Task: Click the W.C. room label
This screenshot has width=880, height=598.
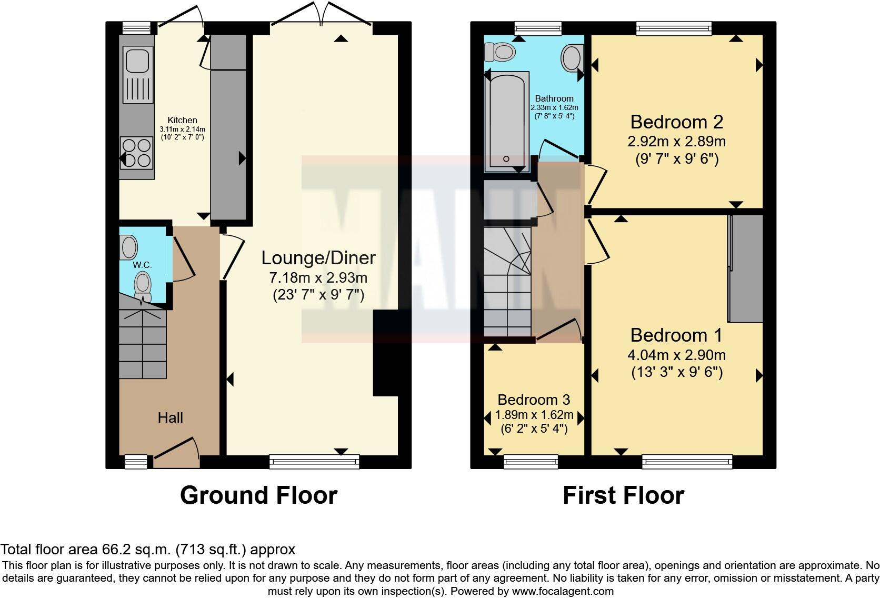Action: coord(142,265)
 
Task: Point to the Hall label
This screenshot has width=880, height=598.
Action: coord(171,418)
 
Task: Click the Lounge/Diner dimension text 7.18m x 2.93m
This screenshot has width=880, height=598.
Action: coord(318,277)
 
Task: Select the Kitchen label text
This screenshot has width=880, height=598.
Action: coord(182,121)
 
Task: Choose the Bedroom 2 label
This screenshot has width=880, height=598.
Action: coord(677,122)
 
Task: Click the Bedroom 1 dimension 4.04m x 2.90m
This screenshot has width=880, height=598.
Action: coord(677,355)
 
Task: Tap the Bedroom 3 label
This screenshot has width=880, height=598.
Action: coord(534,400)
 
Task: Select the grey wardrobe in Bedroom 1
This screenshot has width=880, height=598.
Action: coord(746,268)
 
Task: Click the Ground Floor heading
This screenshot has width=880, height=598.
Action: coord(258,495)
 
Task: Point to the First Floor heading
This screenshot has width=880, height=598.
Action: coord(623,495)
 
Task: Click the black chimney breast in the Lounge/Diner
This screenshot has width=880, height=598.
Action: coord(386,353)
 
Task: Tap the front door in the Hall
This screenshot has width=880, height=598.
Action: coord(176,453)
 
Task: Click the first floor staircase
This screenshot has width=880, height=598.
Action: coord(507,284)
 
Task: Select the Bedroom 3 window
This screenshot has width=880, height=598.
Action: coord(531,462)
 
